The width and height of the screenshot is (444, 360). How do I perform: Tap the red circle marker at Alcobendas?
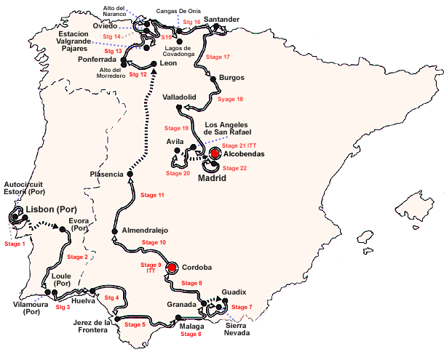[215, 153]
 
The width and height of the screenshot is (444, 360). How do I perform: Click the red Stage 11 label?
[152, 196]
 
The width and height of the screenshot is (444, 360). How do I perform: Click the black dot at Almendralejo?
[114, 231]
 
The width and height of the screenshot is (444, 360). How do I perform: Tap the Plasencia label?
[106, 174]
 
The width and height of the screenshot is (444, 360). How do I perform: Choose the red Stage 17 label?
[218, 57]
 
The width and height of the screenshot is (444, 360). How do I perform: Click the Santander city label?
[222, 19]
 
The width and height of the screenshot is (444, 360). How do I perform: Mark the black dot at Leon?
[154, 64]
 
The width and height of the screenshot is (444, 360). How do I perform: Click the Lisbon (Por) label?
[52, 209]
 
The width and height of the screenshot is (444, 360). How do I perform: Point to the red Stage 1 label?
[15, 244]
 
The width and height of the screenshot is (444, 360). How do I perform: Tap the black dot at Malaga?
[178, 317]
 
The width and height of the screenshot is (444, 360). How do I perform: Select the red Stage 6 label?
[191, 334]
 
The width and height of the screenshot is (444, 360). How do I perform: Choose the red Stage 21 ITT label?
[240, 146]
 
